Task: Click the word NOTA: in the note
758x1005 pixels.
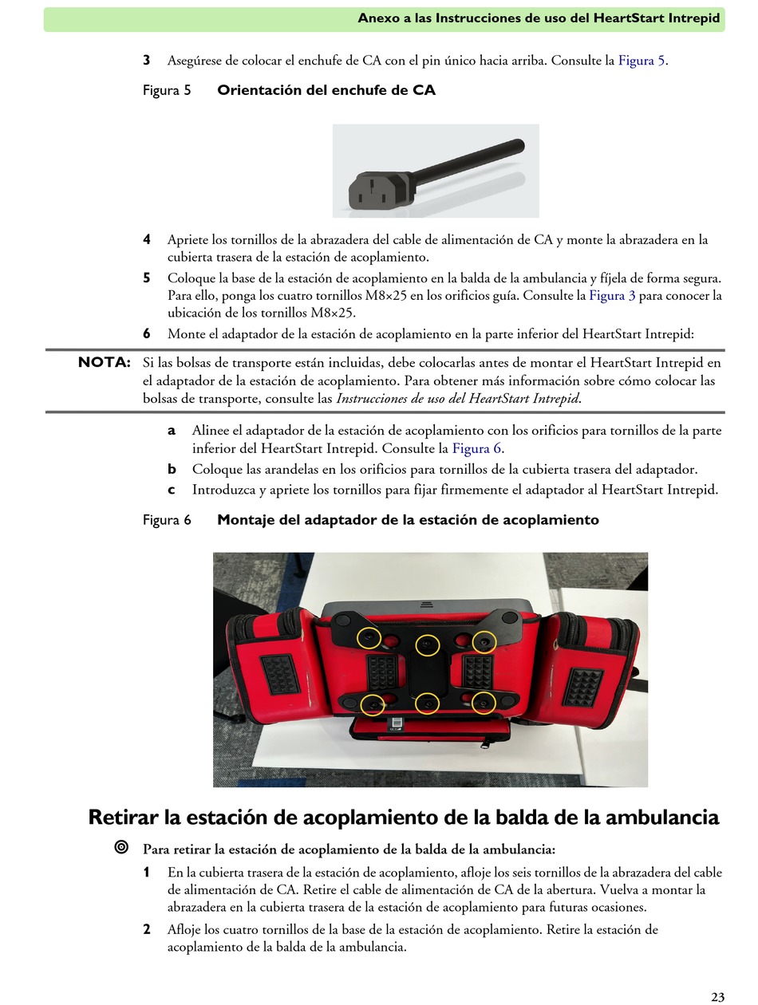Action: point(105,362)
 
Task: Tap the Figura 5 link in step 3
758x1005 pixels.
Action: point(642,61)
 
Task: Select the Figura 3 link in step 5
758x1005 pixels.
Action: point(611,295)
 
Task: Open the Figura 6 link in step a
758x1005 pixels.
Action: point(476,447)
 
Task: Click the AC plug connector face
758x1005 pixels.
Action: point(373,191)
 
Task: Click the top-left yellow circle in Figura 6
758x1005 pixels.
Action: point(369,637)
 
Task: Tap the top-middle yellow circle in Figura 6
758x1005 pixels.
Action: point(428,645)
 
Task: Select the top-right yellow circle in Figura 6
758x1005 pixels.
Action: point(484,641)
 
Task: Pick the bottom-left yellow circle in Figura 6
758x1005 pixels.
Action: point(372,705)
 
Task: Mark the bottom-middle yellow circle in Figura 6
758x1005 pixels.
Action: point(427,703)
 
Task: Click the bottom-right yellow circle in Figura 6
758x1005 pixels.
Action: point(484,703)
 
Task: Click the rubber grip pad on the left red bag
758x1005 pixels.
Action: point(280,675)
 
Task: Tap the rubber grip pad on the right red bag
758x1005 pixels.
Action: point(582,688)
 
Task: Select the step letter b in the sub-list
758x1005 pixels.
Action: point(172,469)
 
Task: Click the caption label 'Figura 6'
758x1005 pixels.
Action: point(167,520)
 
